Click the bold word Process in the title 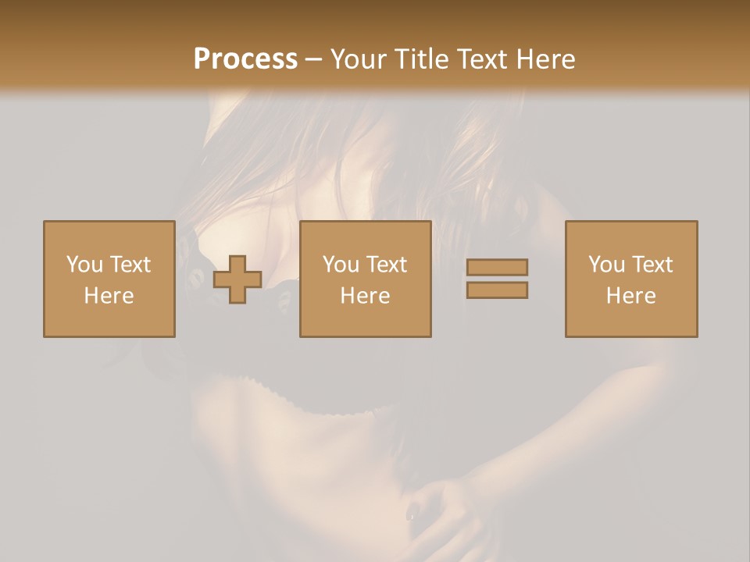coord(245,59)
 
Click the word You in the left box coord(83,265)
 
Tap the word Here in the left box coord(109,296)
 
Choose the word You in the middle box coord(340,265)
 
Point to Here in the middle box coord(365,296)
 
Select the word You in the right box coord(605,265)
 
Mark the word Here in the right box coord(630,296)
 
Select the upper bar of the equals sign coord(497,267)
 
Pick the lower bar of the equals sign coord(497,290)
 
